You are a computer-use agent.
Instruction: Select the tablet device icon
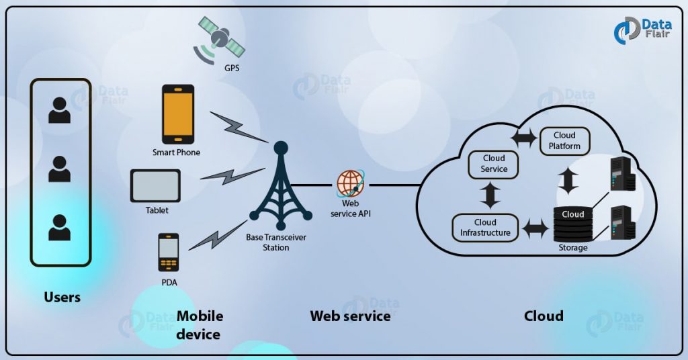point(155,186)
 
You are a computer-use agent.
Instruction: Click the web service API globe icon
point(351,183)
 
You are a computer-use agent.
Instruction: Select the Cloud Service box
point(494,164)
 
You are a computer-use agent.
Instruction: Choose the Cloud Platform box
point(564,140)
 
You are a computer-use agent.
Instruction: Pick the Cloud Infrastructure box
point(485,228)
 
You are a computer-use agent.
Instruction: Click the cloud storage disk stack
point(572,222)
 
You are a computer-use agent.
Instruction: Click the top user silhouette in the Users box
point(59,111)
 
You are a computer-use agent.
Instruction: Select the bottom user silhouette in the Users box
point(59,228)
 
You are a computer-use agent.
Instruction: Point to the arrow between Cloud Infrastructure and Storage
point(535,229)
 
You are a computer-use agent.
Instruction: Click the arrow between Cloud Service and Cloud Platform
point(523,138)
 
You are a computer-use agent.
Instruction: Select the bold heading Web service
point(350,316)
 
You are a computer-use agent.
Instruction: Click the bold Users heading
point(62,297)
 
